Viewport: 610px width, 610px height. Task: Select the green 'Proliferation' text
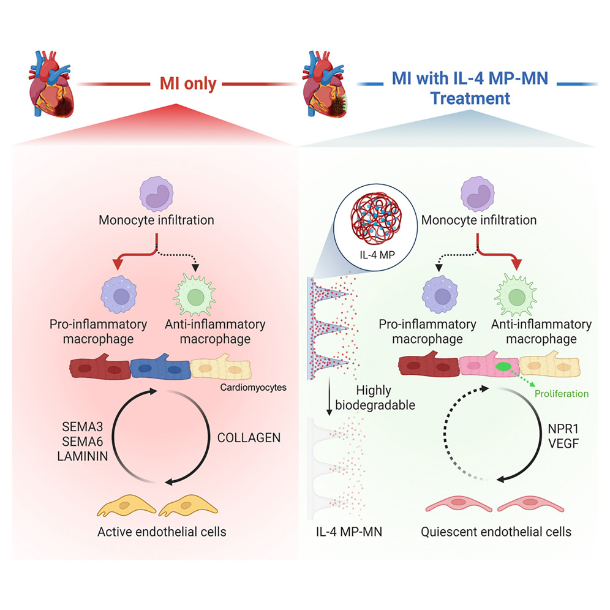point(560,393)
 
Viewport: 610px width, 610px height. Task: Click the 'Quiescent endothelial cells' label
point(496,532)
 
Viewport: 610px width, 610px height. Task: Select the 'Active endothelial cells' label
point(162,532)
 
